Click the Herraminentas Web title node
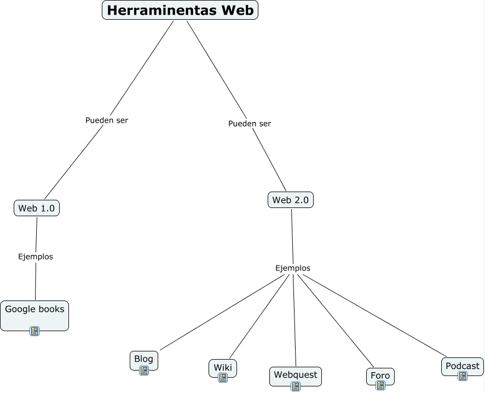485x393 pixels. click(180, 10)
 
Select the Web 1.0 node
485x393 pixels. click(36, 208)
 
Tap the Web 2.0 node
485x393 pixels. click(290, 200)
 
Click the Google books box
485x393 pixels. click(34, 310)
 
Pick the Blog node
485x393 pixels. click(143, 359)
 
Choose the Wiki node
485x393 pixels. click(223, 367)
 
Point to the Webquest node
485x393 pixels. click(295, 374)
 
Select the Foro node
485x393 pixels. click(380, 375)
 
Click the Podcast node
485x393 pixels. click(462, 366)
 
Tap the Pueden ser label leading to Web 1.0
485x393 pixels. click(107, 120)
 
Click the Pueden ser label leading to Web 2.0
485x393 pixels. click(250, 123)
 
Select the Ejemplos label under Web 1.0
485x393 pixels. click(36, 256)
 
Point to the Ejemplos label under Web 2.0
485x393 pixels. click(293, 268)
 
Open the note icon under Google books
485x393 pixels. click(34, 331)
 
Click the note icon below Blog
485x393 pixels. click(144, 371)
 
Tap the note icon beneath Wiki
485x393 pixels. click(223, 378)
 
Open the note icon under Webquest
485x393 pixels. click(296, 386)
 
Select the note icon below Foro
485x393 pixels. click(380, 385)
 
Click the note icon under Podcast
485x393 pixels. click(463, 376)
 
